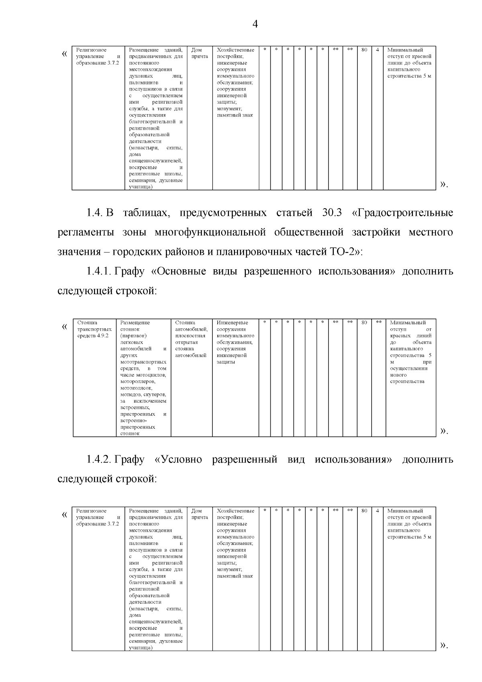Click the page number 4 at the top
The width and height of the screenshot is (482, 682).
(255, 25)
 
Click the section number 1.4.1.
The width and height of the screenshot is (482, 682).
(99, 271)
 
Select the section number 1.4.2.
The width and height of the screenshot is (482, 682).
(99, 459)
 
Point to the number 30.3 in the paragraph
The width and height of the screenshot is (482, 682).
(332, 213)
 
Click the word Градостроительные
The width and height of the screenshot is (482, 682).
(402, 213)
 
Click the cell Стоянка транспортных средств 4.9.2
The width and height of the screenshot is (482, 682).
(94, 329)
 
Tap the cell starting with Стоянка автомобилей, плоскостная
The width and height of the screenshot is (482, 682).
(191, 339)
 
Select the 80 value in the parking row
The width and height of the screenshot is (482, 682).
(364, 322)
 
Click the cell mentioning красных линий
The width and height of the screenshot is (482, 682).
(411, 352)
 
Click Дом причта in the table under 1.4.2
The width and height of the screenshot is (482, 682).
(199, 514)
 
